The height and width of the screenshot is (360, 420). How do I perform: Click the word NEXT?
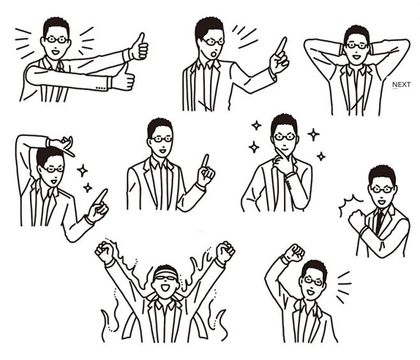[x=401, y=85]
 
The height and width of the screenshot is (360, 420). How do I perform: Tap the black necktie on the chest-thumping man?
[x=379, y=221]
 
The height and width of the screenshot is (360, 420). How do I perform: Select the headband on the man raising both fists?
[x=166, y=273]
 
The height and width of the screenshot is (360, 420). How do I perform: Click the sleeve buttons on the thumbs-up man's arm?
[x=100, y=87]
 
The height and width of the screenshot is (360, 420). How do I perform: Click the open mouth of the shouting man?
[x=214, y=54]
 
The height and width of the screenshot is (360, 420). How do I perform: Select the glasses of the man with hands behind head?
[x=357, y=46]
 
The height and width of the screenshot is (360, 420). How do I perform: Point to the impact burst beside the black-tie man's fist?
[x=349, y=203]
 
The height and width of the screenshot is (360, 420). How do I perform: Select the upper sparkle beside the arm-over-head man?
[x=82, y=170]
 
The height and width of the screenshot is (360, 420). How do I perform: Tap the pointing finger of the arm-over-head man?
[x=101, y=196]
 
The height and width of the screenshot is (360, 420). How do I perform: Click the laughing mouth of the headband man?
[x=165, y=289]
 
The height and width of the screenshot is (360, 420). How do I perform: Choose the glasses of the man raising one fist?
[x=313, y=281]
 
